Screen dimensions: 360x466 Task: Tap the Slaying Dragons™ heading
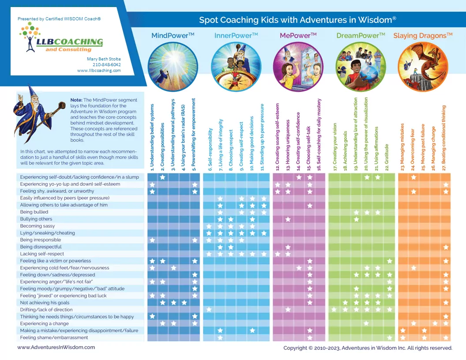point(423,35)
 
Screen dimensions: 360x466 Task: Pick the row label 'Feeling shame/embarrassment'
point(54,337)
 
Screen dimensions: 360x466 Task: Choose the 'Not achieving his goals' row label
point(45,303)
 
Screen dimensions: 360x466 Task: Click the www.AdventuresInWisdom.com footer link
point(56,347)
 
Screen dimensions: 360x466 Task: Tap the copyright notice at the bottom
point(368,348)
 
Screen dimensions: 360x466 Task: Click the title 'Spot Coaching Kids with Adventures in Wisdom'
point(297,20)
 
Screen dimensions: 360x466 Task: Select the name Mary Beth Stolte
point(104,59)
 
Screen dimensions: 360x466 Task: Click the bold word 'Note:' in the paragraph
point(76,100)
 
